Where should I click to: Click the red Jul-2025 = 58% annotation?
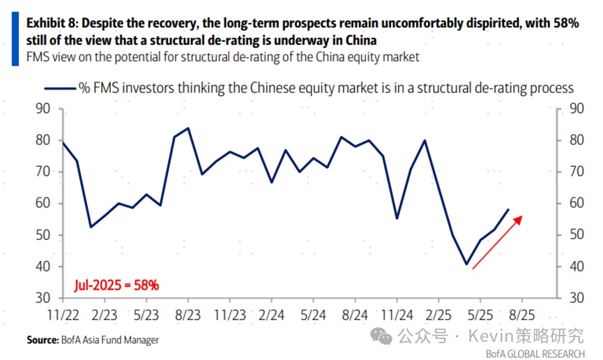pos(116,285)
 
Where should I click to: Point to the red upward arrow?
pos(496,241)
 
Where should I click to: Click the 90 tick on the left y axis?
pos(43,108)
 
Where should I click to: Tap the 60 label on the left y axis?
pos(43,203)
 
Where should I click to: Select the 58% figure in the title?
pos(564,23)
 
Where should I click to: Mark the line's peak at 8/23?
pos(188,128)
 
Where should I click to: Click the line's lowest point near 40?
pos(466,264)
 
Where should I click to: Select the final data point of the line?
pos(508,209)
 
